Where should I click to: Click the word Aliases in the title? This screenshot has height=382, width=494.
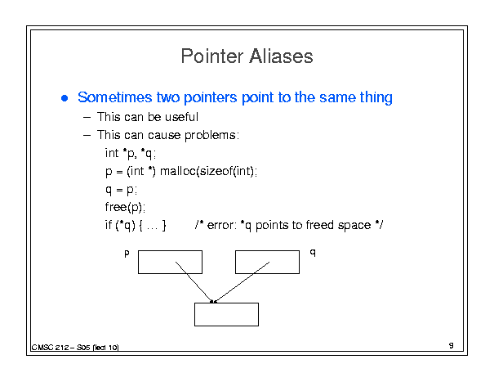[281, 56]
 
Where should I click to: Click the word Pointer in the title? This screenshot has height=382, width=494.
[212, 56]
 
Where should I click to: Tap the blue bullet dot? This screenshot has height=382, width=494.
[65, 98]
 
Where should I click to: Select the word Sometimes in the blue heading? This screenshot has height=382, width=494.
[115, 97]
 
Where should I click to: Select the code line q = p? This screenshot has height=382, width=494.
[121, 190]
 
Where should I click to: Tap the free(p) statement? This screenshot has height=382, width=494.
[125, 208]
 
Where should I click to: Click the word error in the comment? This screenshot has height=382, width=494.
[221, 225]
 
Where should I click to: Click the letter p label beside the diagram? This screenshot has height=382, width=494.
[127, 254]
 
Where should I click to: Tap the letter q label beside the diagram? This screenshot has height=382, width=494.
[313, 252]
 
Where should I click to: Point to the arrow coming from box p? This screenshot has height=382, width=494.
[194, 282]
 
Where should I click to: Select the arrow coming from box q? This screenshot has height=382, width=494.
[242, 282]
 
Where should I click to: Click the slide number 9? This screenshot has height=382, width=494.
[452, 345]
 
